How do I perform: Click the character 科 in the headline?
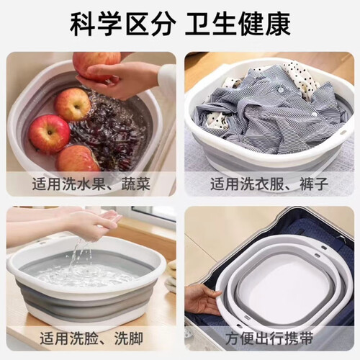[x=81, y=24]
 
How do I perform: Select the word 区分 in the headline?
[x=150, y=24]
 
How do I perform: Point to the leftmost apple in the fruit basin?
[x=49, y=135]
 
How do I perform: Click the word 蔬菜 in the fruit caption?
[x=136, y=184]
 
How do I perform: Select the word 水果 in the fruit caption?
[x=91, y=184]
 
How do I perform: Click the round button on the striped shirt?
[x=280, y=89]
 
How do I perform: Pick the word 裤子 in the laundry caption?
[x=314, y=184]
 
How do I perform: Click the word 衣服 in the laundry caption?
[x=269, y=184]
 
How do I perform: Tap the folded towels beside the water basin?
[x=171, y=276]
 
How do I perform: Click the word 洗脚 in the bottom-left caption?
[x=129, y=338]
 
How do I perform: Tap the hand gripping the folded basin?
[x=204, y=300]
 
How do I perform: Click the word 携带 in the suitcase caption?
[x=299, y=338]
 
